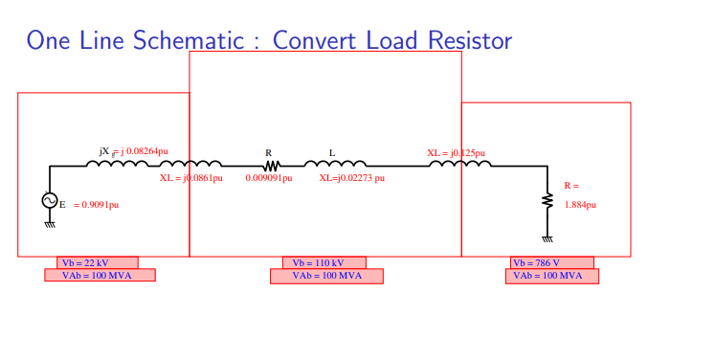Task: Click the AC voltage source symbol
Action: [50, 201]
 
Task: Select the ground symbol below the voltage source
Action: [50, 223]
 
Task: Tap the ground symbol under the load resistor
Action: [547, 237]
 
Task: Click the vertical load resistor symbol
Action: [547, 200]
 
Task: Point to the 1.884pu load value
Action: [580, 205]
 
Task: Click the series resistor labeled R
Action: [270, 165]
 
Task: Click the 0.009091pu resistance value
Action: [269, 178]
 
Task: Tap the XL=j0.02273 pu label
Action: [352, 178]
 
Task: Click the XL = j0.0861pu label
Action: [191, 178]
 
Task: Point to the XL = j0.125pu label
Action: [456, 153]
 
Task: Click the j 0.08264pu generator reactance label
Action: [144, 151]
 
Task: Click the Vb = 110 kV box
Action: [324, 262]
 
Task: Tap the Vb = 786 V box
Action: [552, 262]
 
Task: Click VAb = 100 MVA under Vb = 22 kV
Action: [100, 276]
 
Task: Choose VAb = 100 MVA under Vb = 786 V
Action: [552, 277]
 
